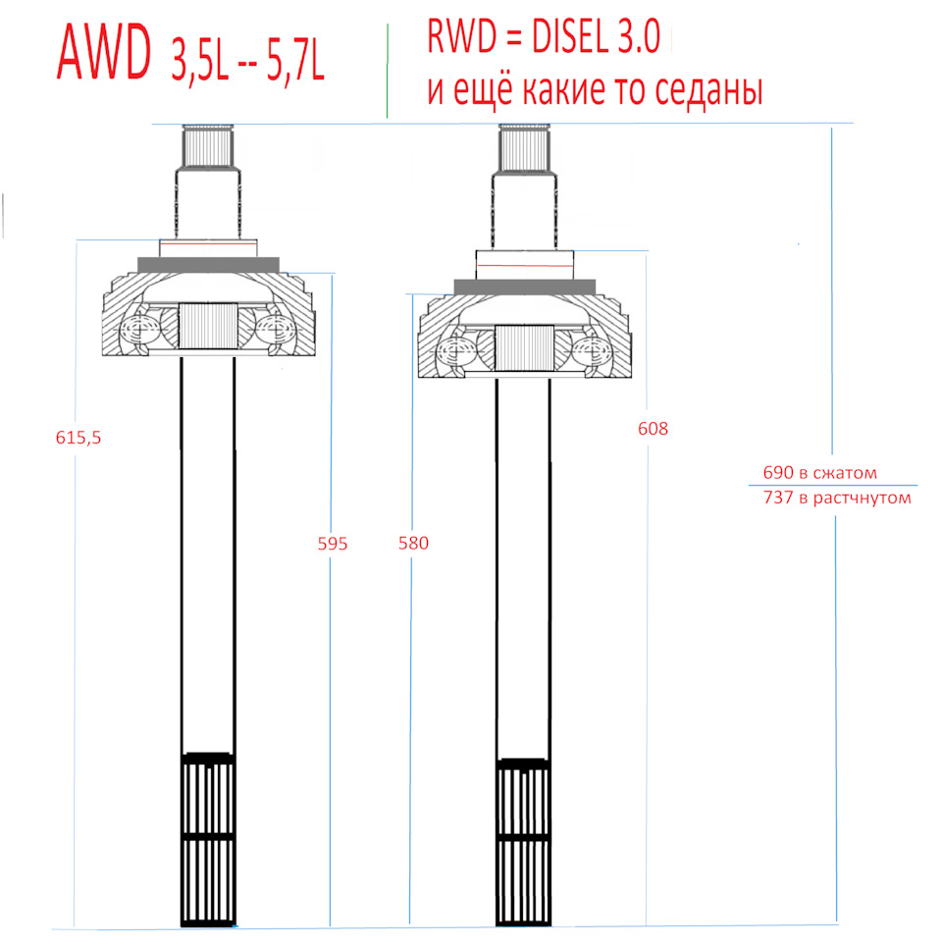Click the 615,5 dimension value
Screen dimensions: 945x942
tap(78, 439)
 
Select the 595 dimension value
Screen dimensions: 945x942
tap(333, 543)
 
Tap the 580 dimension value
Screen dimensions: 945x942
tap(413, 543)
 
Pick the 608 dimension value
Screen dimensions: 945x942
tap(653, 429)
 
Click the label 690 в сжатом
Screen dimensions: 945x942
tap(819, 473)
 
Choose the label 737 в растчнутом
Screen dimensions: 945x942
tap(837, 498)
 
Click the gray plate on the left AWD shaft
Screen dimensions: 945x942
tap(208, 265)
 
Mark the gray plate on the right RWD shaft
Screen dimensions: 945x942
tap(524, 286)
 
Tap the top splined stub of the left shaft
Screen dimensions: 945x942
tap(208, 147)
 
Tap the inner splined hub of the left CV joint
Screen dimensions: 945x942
tap(208, 326)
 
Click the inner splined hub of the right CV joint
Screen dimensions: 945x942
tap(523, 348)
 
